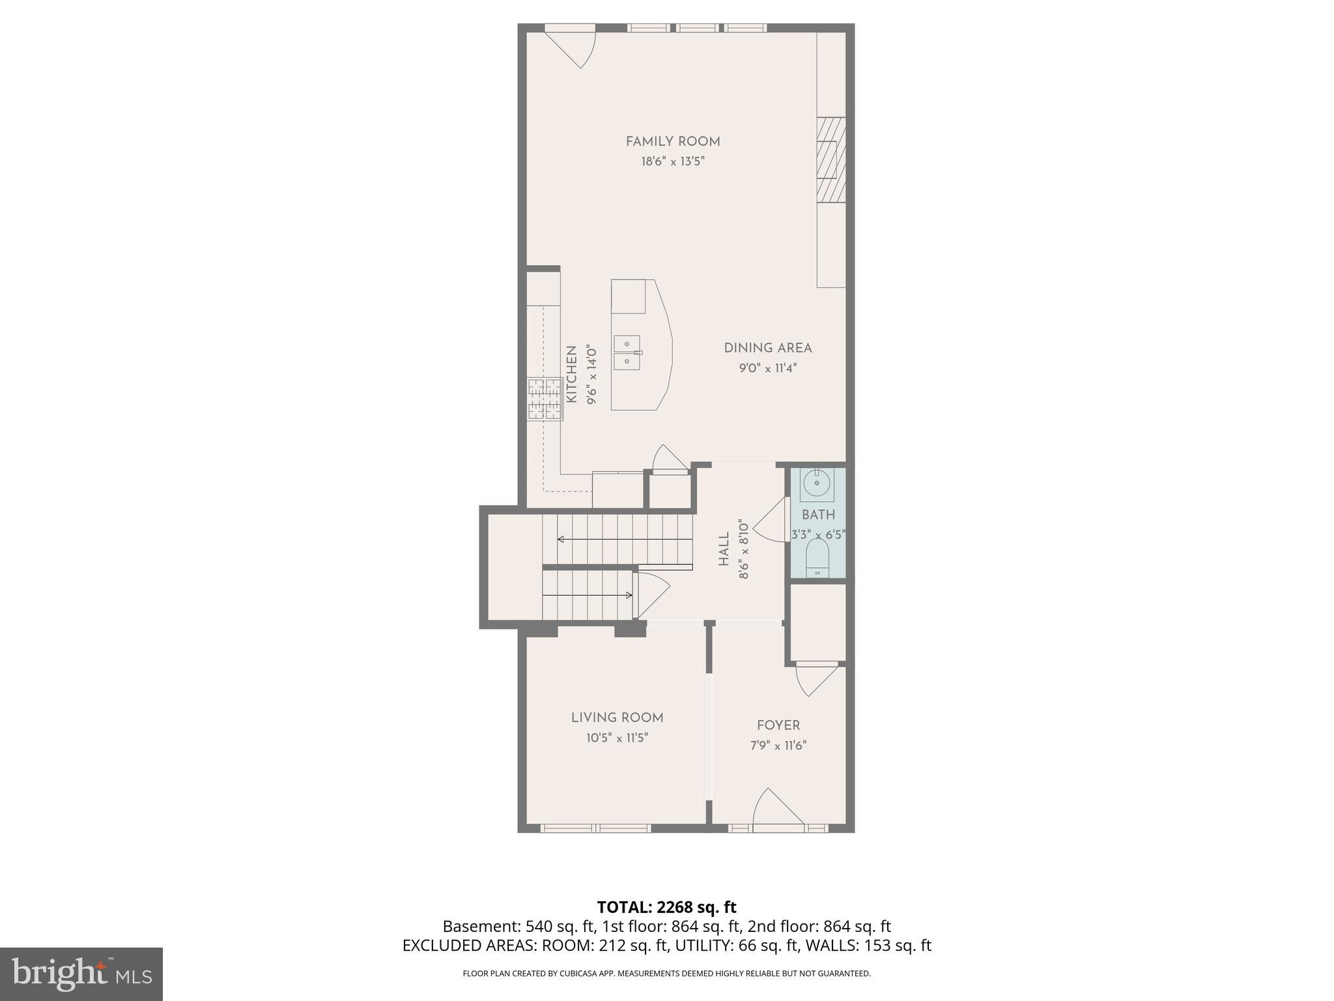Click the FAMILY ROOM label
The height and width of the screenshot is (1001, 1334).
[x=673, y=141]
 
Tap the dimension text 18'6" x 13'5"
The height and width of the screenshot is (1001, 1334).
[x=673, y=162]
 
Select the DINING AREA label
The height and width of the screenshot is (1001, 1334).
[x=768, y=348]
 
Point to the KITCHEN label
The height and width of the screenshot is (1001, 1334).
[x=572, y=374]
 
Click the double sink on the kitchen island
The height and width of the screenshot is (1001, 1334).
[x=627, y=353]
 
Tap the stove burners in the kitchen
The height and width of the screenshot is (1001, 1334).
[x=545, y=399]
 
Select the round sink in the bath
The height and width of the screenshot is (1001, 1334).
[x=816, y=484]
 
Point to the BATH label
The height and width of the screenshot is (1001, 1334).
[x=818, y=515]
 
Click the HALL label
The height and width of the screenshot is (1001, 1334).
[x=724, y=549]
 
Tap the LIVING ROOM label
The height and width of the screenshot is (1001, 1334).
[x=617, y=718]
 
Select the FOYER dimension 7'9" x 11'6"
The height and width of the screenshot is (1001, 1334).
[x=778, y=746]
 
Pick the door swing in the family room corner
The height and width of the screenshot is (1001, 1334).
[x=573, y=47]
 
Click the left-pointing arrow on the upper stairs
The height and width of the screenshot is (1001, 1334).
[x=586, y=539]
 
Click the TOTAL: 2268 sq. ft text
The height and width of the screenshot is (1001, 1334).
[x=666, y=907]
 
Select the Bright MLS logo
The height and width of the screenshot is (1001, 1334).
[x=81, y=974]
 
